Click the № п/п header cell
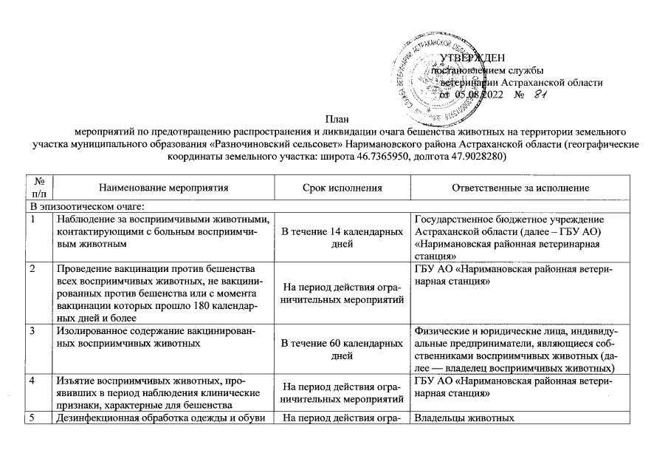[x=36, y=188]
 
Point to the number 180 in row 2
[x=207, y=304]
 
